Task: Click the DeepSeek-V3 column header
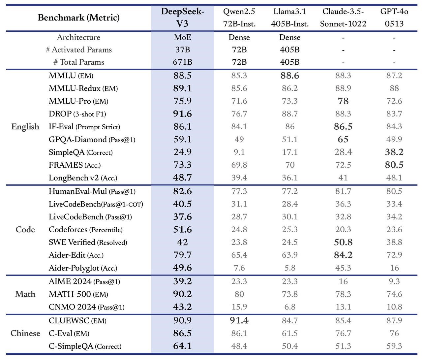tap(182, 17)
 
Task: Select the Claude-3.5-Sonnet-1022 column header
tap(343, 17)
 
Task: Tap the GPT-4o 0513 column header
tap(394, 17)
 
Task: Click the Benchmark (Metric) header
tap(78, 17)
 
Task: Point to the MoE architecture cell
tap(182, 37)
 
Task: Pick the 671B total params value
tap(182, 62)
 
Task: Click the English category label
tap(25, 127)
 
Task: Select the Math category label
tap(25, 294)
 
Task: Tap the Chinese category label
tap(25, 333)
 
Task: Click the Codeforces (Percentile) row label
tap(85, 230)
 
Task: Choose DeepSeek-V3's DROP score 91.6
tap(182, 114)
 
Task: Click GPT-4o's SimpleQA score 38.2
tap(394, 152)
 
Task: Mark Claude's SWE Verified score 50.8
tap(343, 243)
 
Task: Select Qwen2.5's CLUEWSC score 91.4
tap(239, 320)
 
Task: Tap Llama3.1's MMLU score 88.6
tap(289, 76)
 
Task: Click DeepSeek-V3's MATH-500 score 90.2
tap(182, 294)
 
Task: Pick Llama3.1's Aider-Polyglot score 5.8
tap(289, 268)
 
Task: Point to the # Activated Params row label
tap(78, 50)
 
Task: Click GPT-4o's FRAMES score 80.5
tap(394, 165)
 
